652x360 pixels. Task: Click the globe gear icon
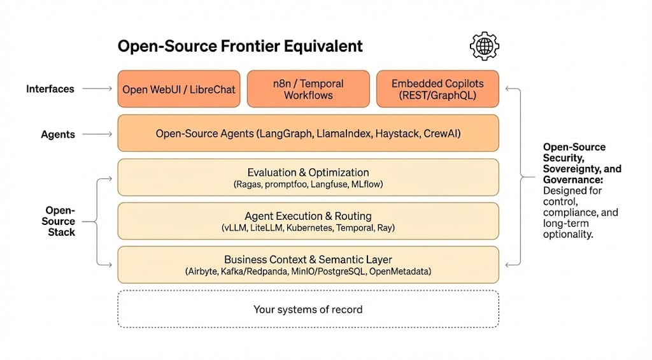coord(484,46)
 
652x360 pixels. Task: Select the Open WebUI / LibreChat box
coord(179,89)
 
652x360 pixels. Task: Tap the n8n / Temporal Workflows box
coord(308,89)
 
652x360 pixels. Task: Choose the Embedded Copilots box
coord(437,89)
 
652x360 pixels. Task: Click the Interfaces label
coord(50,89)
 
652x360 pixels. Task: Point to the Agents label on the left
coord(58,134)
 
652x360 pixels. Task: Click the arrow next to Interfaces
coord(97,89)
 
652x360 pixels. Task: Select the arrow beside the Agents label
coord(97,134)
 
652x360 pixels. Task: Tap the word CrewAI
coord(441,134)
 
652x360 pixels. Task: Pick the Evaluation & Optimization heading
coord(308,172)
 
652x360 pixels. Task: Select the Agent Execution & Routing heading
coord(308,216)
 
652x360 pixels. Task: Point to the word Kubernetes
coord(301,228)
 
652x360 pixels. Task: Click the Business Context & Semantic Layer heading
coord(308,259)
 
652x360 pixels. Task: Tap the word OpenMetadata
coord(400,271)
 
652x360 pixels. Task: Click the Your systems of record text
coord(308,310)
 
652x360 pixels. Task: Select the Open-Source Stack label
coord(60,221)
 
